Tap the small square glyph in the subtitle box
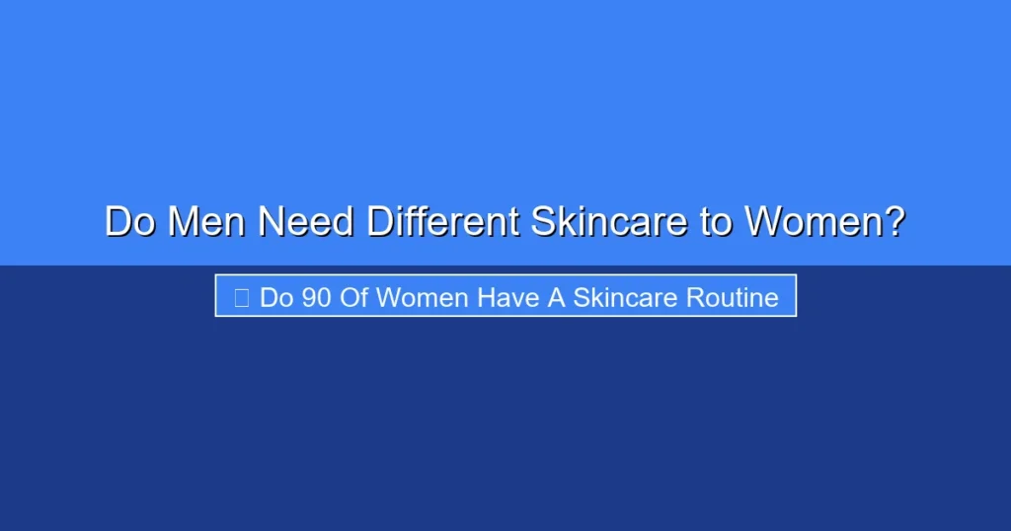pos(241,297)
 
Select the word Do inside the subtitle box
pos(276,297)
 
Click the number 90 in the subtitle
pos(316,297)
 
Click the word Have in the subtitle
pos(509,297)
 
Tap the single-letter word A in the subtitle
pos(556,297)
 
